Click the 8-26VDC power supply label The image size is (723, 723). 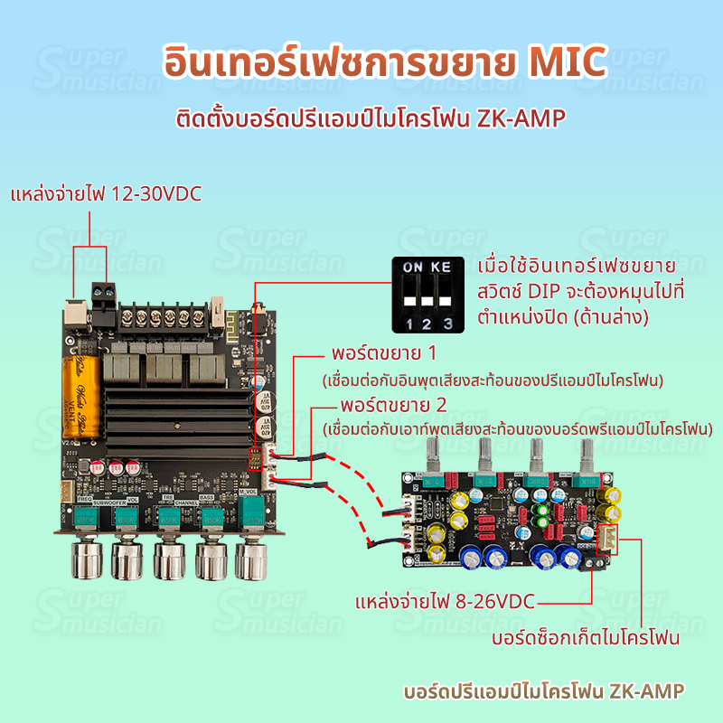(x=446, y=602)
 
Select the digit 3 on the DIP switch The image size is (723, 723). (x=446, y=322)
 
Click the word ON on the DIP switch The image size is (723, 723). (x=412, y=268)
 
